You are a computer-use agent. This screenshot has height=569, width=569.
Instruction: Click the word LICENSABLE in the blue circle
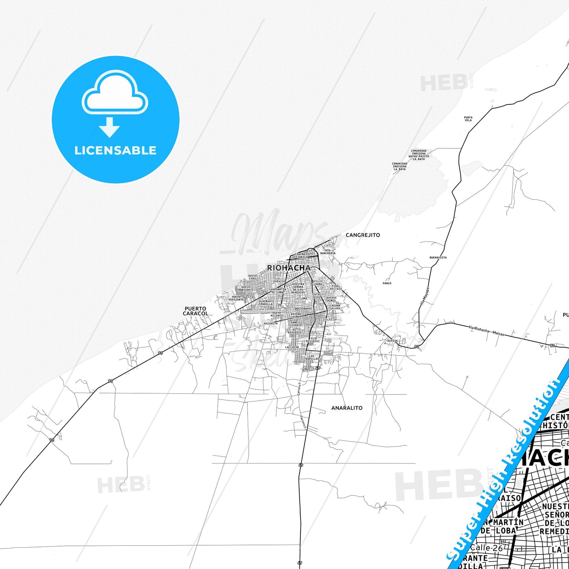[115, 150]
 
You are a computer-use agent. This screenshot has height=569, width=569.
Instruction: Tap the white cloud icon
[115, 93]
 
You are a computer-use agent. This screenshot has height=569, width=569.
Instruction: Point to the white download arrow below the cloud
[109, 127]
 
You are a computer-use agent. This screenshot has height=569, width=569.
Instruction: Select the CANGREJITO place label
[363, 235]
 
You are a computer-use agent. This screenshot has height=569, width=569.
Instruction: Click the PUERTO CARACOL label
[195, 311]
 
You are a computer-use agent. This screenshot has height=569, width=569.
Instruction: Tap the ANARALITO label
[347, 408]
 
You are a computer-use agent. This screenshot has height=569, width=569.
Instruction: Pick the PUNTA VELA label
[468, 119]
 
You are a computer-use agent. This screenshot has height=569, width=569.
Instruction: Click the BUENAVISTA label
[438, 258]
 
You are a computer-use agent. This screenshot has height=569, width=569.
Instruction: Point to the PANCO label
[387, 283]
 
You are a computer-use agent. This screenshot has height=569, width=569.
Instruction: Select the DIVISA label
[392, 341]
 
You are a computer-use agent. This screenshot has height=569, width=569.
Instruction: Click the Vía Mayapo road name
[424, 295]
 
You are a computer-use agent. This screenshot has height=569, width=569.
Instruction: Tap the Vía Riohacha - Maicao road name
[486, 330]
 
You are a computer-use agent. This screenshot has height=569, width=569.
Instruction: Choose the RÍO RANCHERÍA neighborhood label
[328, 252]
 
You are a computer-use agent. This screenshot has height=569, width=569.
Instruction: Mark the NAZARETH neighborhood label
[271, 323]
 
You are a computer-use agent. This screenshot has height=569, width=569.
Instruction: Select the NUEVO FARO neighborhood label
[252, 277]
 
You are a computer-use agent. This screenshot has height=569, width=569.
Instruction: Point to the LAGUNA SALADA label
[335, 307]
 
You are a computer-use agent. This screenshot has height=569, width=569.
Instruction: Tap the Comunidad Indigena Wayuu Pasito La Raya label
[419, 155]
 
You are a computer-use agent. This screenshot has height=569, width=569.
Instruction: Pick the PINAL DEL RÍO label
[336, 287]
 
